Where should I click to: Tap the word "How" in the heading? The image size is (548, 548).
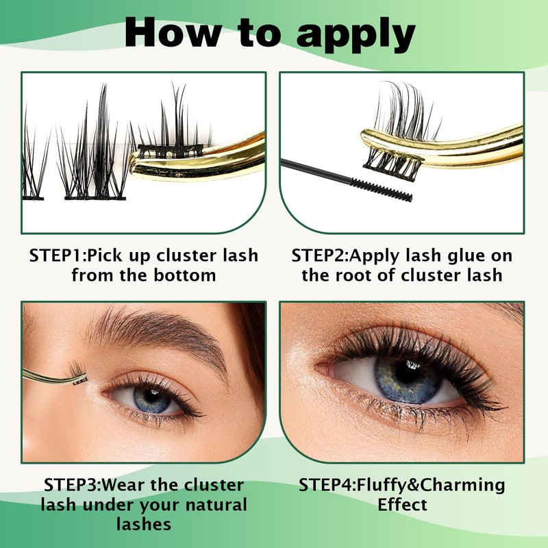[173, 32]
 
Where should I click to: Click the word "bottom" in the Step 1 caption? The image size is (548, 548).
[184, 275]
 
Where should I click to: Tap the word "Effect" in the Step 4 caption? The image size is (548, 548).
[402, 504]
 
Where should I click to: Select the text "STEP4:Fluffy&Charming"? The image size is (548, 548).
[402, 485]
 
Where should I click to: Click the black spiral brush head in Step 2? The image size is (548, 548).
[382, 190]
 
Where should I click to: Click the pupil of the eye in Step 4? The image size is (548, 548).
[408, 373]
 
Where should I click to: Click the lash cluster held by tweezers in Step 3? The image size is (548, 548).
[77, 373]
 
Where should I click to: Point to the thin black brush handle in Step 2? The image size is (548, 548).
[316, 171]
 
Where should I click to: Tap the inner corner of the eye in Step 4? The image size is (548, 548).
[320, 368]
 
